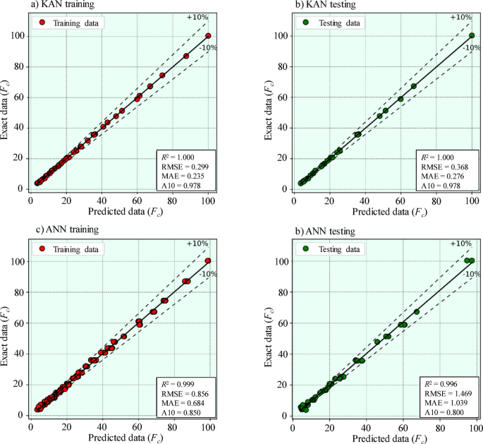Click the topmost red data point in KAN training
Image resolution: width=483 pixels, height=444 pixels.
point(208,35)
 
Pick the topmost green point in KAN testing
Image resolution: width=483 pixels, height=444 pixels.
point(472,35)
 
